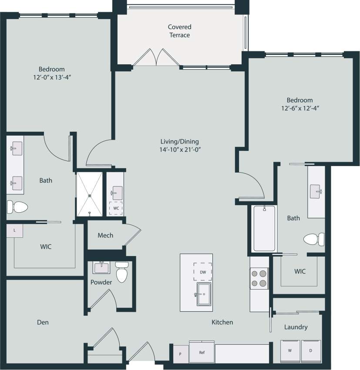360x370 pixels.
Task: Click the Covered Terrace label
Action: click(x=179, y=31)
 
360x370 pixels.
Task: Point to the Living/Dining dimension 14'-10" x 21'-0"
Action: click(x=179, y=150)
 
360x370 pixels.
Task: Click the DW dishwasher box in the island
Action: click(x=202, y=272)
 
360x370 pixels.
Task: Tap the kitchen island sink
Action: click(x=202, y=294)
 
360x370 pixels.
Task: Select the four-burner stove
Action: click(x=259, y=278)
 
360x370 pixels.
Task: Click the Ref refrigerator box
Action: click(x=202, y=352)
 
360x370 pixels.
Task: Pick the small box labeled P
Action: click(x=181, y=353)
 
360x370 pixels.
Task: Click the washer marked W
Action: click(x=289, y=350)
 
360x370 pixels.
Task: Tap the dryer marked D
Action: click(x=311, y=350)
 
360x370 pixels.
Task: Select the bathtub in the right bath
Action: click(x=264, y=228)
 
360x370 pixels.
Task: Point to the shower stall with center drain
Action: click(x=90, y=194)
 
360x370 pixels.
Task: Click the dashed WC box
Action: click(x=116, y=208)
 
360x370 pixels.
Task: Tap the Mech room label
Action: click(x=105, y=235)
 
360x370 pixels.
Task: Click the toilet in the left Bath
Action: click(x=17, y=207)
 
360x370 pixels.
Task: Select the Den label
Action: click(x=43, y=322)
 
